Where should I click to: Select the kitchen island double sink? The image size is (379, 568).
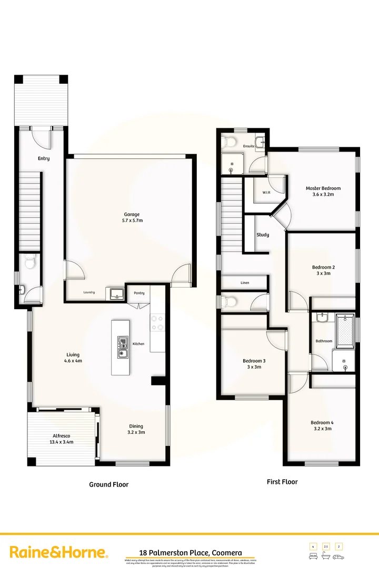(122, 347)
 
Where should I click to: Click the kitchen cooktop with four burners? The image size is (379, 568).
(157, 322)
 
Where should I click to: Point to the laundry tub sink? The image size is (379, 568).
(115, 293)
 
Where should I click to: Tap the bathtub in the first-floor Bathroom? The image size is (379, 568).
(345, 330)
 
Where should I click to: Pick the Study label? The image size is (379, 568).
(263, 235)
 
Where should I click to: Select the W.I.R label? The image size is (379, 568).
(266, 193)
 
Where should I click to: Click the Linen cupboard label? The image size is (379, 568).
(245, 283)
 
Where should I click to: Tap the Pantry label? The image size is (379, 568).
(139, 293)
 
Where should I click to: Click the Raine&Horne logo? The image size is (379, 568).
(59, 552)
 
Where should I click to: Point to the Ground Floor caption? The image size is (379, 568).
(108, 484)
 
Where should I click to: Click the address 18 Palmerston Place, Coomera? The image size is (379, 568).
(191, 553)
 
